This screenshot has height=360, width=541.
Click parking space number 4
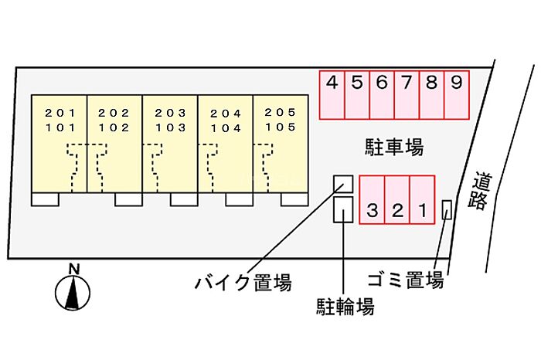332,82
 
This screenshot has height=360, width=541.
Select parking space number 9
456,82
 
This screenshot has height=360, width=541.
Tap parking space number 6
382,82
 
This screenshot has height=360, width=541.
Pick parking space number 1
423,209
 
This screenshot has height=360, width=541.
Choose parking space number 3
373,209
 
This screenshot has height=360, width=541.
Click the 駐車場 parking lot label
394,146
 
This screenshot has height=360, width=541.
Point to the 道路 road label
480,191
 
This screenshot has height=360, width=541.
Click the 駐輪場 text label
345,307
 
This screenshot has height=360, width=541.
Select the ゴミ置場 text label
405,279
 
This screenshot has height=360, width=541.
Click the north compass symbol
73,294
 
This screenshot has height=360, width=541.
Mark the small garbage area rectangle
447,209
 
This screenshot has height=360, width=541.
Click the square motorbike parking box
343,183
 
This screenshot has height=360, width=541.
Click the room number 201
59,112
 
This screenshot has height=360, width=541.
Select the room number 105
280,127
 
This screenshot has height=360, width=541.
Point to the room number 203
169,112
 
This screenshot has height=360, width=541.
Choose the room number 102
114,127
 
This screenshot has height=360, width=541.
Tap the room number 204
226,113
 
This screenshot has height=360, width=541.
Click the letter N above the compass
73,268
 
